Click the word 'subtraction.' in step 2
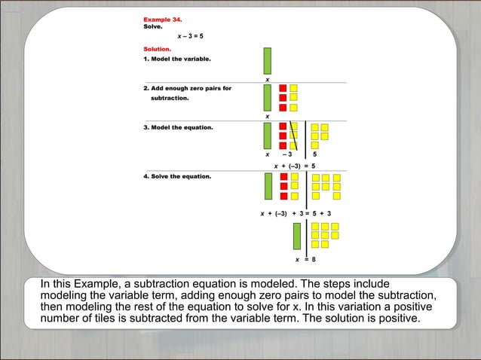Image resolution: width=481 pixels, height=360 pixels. (x=170, y=98)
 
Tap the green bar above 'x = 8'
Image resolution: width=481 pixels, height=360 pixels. (x=297, y=236)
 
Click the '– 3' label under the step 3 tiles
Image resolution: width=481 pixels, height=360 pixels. (x=286, y=155)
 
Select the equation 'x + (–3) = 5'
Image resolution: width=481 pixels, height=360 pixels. (x=293, y=165)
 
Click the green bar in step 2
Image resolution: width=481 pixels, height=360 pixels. (x=268, y=97)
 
